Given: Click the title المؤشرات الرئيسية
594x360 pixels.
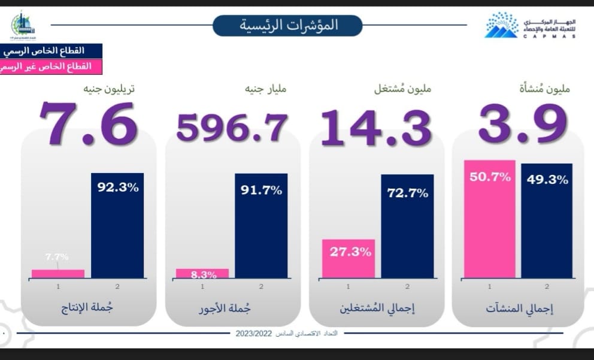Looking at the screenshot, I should tap(288, 25).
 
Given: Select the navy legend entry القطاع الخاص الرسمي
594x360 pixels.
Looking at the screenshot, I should tap(51, 51).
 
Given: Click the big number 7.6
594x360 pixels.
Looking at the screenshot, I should tap(89, 124).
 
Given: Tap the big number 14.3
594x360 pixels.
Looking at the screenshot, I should tap(376, 127).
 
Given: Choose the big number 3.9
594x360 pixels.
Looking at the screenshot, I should tap(523, 124).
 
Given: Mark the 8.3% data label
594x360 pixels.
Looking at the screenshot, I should tap(202, 275).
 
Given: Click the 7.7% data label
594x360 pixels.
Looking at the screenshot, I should tap(57, 257).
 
